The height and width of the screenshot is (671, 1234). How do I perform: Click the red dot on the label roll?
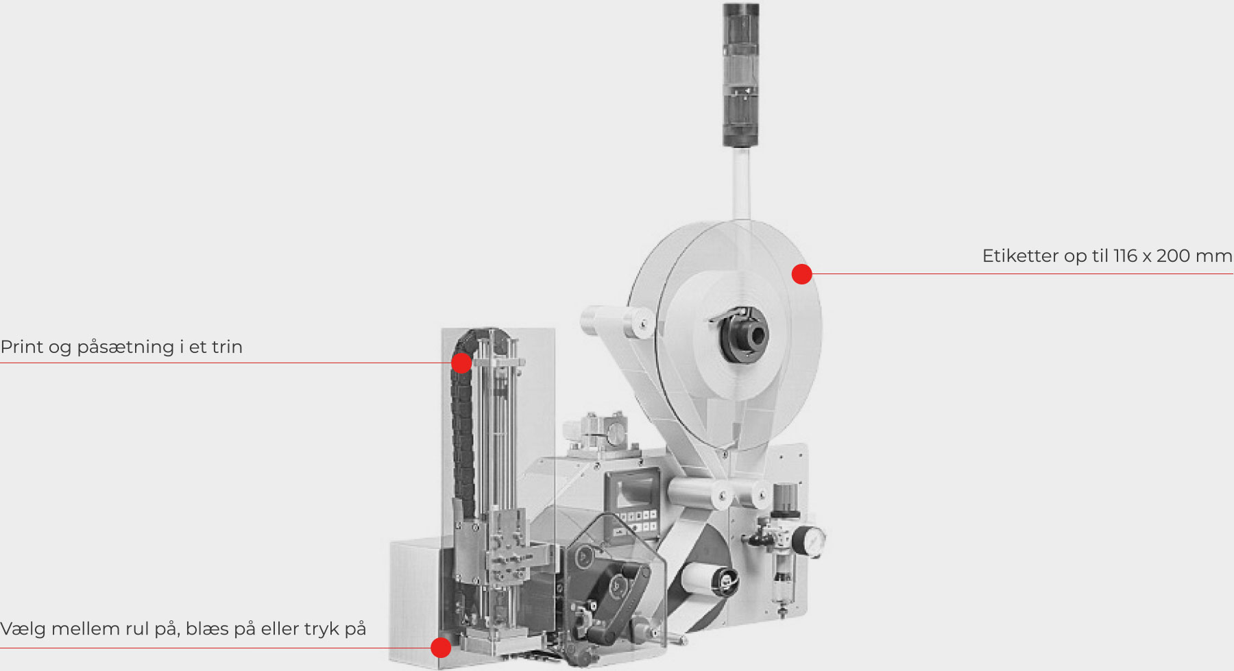point(801,274)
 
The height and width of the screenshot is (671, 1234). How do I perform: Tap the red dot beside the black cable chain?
point(461,363)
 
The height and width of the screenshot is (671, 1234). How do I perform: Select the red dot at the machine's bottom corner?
point(441,647)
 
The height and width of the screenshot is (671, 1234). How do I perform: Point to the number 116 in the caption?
point(1126,256)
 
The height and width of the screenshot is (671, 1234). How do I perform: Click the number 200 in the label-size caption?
point(1173,256)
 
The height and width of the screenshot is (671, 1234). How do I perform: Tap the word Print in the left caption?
point(23,347)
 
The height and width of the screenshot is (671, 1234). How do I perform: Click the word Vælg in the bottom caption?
point(23,629)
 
